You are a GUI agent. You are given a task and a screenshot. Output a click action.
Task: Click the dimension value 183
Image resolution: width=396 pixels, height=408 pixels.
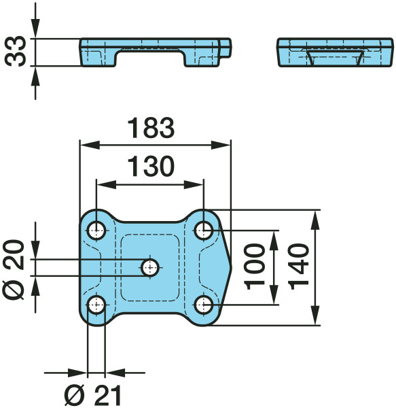pos(151,128)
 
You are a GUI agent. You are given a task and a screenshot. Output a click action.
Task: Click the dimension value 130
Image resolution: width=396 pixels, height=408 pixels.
pos(151,167)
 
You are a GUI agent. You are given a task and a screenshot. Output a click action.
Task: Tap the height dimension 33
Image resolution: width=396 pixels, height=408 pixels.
pos(16,52)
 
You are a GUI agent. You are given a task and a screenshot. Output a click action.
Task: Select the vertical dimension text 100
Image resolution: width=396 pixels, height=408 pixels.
pos(255,267)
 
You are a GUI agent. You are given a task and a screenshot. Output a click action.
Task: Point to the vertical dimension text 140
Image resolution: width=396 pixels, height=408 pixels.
pos(299,267)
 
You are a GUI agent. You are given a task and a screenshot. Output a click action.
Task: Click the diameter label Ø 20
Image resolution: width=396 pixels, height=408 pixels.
pos(14,270)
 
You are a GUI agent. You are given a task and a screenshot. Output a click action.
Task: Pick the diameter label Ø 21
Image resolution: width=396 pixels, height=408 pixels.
pos(93,395)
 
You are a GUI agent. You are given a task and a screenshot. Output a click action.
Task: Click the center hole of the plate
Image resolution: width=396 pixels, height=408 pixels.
pos(150,267)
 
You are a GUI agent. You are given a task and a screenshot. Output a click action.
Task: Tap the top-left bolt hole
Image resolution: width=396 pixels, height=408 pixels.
pos(96,231)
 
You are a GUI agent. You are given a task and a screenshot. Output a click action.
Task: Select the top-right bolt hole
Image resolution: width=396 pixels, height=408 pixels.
pos(204,231)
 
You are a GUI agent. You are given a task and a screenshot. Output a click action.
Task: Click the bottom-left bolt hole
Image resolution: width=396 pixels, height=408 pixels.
pos(96,305)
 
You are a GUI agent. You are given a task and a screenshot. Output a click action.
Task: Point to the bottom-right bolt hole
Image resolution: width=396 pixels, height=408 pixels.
pos(204,305)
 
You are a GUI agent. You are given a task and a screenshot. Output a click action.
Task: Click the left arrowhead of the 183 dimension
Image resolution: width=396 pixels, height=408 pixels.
pos(90,146)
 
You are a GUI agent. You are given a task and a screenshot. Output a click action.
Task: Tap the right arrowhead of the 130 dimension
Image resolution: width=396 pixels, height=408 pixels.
pos(194,185)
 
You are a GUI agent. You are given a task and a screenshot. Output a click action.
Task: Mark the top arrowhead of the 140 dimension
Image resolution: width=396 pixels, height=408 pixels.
pos(315,220)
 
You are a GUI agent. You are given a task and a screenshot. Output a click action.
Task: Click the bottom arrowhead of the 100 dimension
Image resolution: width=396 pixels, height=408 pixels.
pos(274,294)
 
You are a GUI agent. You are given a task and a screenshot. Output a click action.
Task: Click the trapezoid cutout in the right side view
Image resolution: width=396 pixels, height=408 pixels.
pos(335,58)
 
